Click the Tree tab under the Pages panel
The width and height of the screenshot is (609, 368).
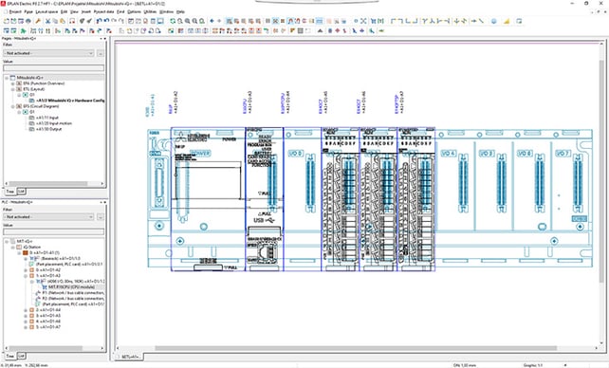coord(9,191)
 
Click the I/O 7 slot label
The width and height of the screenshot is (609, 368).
coord(562,153)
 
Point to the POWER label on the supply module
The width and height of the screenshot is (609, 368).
coord(200,153)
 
